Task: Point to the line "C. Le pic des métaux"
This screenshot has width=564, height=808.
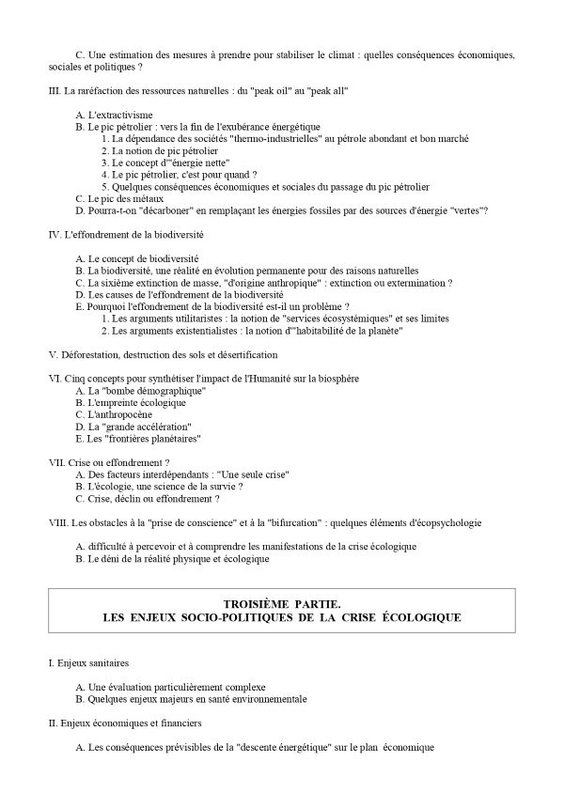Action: click(x=119, y=198)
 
